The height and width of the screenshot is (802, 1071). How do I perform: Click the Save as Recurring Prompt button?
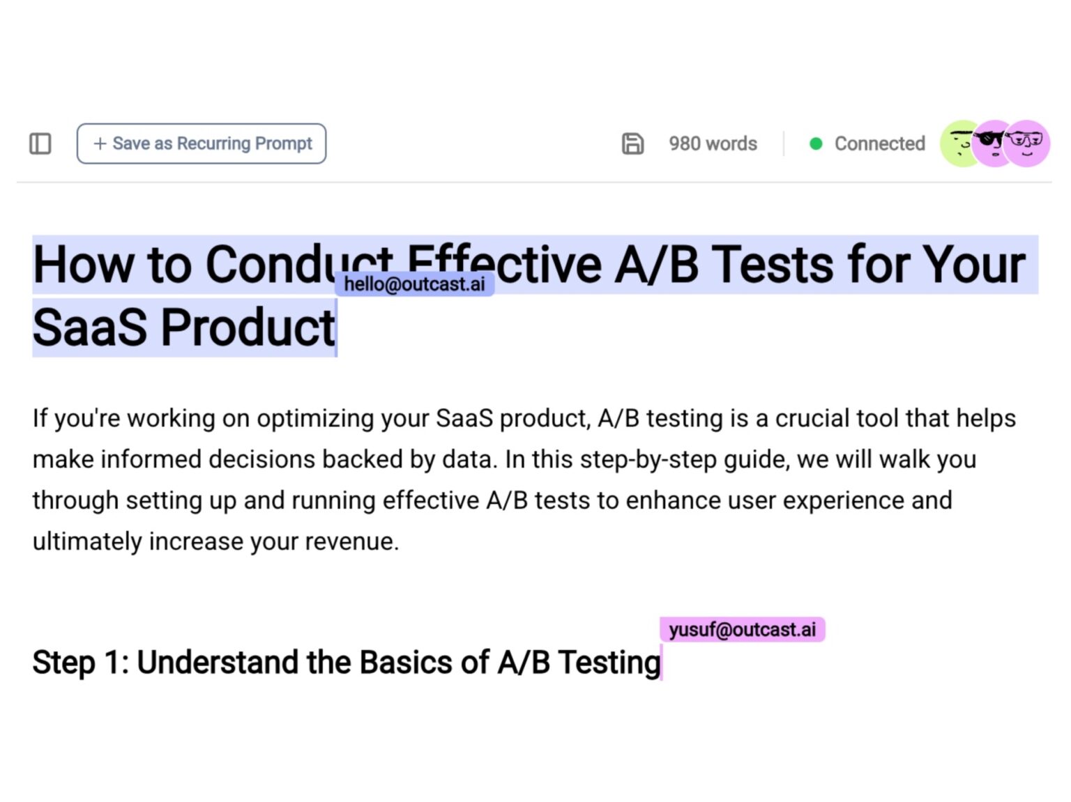click(201, 144)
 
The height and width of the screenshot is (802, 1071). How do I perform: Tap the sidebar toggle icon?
click(40, 144)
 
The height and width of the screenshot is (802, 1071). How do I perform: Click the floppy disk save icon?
click(632, 144)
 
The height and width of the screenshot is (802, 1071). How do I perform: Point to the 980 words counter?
click(713, 144)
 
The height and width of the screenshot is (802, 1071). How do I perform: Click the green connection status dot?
click(815, 144)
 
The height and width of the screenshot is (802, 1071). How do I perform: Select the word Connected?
click(880, 144)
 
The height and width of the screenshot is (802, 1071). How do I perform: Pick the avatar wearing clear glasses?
click(1028, 144)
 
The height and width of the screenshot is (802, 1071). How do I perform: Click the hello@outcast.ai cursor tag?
click(414, 284)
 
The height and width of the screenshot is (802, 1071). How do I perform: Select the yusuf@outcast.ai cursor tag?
click(742, 629)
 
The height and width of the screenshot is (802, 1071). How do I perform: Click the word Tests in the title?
click(773, 265)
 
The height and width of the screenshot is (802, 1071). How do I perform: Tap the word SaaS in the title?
click(90, 327)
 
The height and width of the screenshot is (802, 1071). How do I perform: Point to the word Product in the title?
click(248, 327)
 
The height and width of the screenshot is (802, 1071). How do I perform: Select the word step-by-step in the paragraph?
click(648, 460)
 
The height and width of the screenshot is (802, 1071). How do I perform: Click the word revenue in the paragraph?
click(351, 541)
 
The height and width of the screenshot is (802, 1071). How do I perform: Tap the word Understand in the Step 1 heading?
click(217, 662)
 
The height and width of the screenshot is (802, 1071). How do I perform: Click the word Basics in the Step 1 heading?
click(406, 662)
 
